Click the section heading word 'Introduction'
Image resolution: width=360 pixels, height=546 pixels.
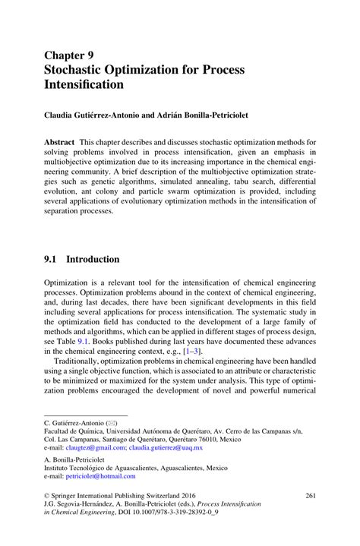(93, 259)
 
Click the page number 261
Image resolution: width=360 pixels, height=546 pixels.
(310, 496)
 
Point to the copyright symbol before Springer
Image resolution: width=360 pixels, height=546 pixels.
(47, 497)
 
